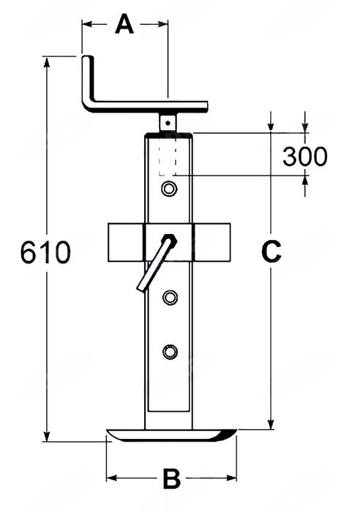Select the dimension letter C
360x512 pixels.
tap(271, 252)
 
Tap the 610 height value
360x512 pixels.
tap(45, 252)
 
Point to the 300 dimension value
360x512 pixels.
tap(304, 156)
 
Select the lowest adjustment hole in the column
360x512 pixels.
tap(170, 352)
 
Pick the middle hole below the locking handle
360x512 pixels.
tap(170, 297)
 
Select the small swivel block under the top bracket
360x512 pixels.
tap(170, 121)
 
